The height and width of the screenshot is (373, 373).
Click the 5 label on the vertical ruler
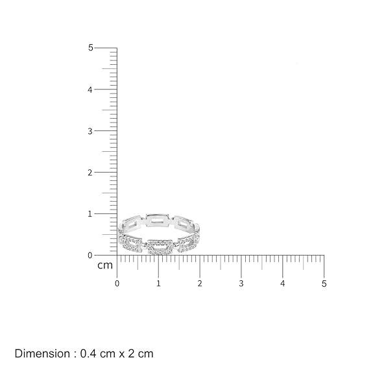[x=90, y=48]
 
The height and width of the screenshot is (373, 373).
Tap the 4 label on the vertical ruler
[x=90, y=90]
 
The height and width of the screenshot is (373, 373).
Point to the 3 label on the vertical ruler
[x=90, y=131]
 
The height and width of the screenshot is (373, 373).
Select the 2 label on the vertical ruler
[x=90, y=173]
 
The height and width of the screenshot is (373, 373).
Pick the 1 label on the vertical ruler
[x=90, y=214]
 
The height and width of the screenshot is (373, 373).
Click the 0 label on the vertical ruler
[x=90, y=256]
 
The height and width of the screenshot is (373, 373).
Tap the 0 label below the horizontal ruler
[x=117, y=283]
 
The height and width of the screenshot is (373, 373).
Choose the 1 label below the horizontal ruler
[x=158, y=283]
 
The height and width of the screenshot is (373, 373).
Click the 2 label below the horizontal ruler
[x=200, y=283]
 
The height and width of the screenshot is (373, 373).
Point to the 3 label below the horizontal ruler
[x=241, y=283]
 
